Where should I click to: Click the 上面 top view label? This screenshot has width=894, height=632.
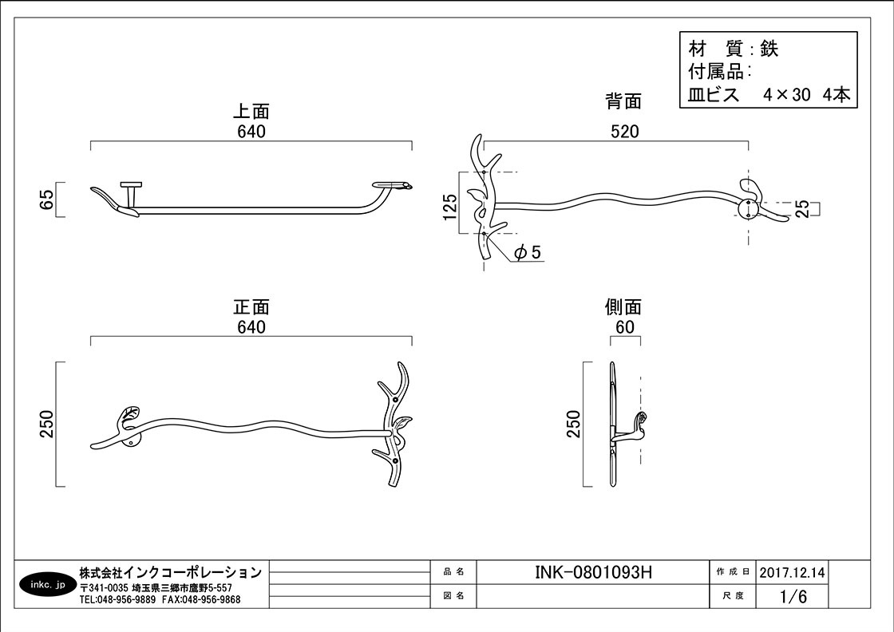[251, 111]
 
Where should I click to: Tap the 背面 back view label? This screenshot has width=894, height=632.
[623, 101]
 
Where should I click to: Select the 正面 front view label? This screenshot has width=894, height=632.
[251, 307]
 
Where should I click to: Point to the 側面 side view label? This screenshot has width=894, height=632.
[623, 307]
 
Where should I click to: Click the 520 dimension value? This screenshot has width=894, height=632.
[625, 132]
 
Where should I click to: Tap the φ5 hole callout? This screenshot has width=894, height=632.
[528, 251]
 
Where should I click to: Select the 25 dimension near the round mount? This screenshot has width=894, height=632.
[802, 208]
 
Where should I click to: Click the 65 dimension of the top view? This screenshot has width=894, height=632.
[47, 199]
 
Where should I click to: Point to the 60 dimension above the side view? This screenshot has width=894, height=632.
[625, 327]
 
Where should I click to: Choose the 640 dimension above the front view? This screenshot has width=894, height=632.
[251, 327]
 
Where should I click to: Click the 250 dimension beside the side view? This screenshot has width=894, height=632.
[574, 424]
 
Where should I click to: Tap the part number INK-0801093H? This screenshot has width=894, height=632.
[593, 572]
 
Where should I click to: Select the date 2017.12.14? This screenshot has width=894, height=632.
[792, 572]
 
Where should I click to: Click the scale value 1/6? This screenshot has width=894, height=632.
[793, 597]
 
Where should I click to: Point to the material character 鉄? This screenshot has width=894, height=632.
[769, 49]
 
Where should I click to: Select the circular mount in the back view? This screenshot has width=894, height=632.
[747, 208]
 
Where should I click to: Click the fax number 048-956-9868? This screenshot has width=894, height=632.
[211, 599]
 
